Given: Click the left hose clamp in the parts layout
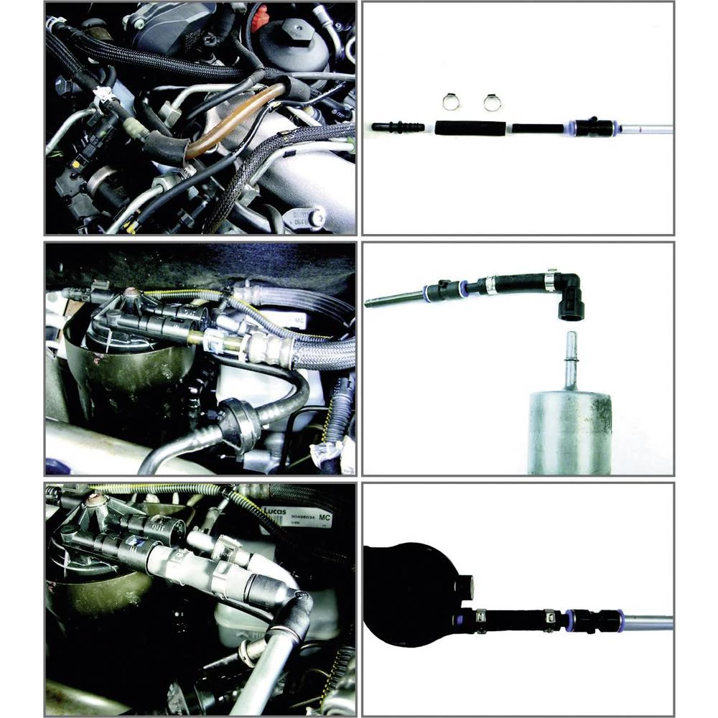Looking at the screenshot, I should coord(449,103).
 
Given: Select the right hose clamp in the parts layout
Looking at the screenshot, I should coord(492,103).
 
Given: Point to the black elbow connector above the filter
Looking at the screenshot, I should coord(571,297).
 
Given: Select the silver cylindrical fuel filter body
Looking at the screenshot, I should coord(571,431).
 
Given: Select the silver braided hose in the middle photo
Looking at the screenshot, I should coord(316,355).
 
